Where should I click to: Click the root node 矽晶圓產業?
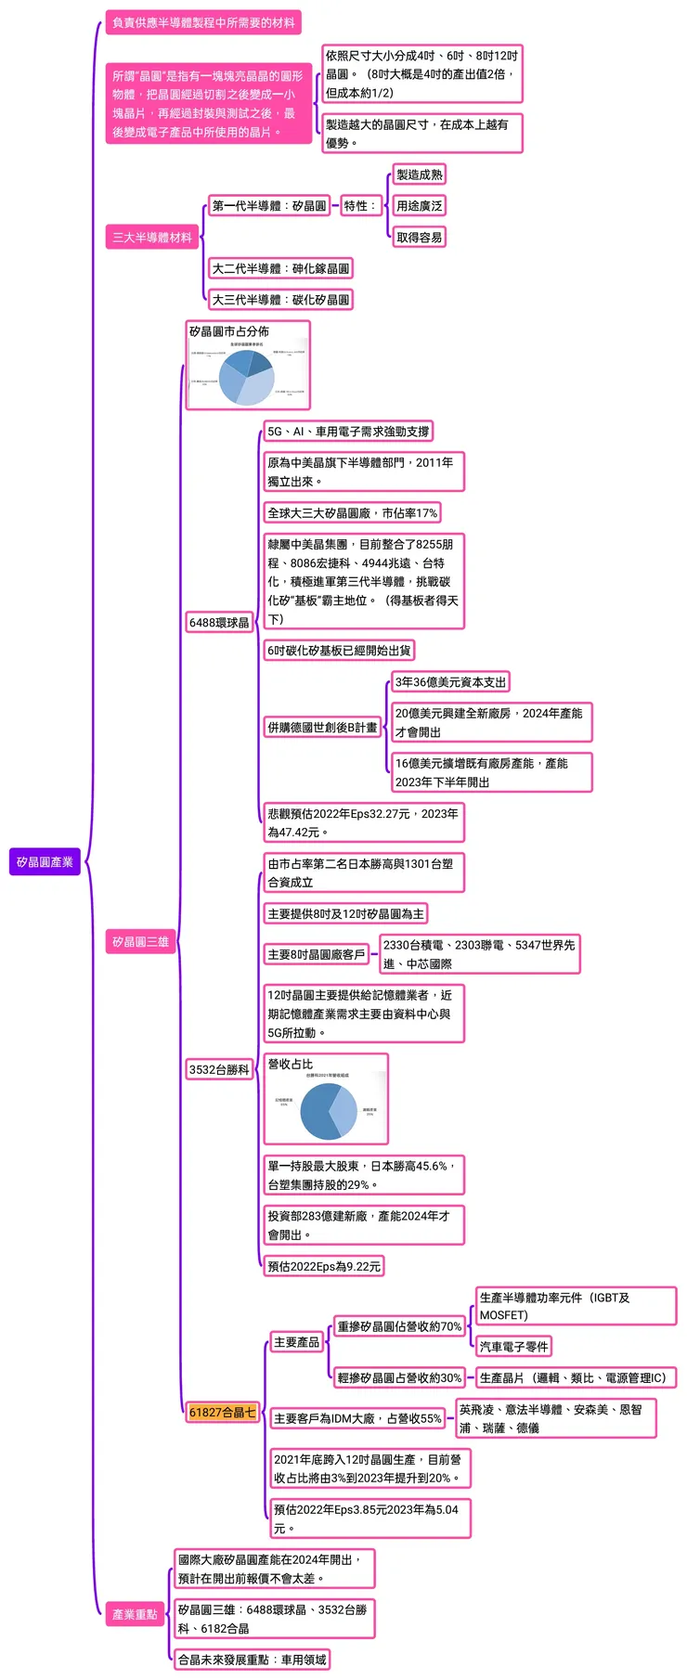tap(45, 862)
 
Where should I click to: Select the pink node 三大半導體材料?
tap(152, 238)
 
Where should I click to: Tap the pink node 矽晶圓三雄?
tap(140, 942)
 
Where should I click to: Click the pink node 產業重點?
tap(135, 1614)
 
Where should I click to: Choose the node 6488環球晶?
tap(219, 623)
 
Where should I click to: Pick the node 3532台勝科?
tap(219, 1069)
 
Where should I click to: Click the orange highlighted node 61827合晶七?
tap(222, 1412)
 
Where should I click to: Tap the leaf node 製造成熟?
tap(419, 174)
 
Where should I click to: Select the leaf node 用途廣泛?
tap(419, 206)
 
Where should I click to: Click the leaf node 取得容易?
tap(419, 238)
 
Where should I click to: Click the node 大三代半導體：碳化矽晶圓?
tap(280, 300)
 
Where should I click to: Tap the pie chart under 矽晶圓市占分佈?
tap(247, 376)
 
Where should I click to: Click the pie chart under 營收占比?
tap(329, 1110)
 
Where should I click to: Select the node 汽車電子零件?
tap(513, 1346)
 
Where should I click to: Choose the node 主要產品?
tap(296, 1342)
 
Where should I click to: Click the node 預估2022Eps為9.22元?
tap(324, 1266)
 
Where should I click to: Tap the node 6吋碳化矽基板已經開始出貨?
tap(339, 651)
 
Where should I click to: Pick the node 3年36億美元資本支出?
tap(450, 682)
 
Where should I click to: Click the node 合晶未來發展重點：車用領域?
tap(252, 1660)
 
